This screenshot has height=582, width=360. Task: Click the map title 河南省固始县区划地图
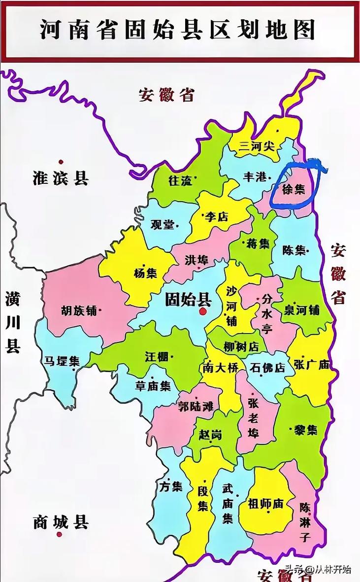click(177, 30)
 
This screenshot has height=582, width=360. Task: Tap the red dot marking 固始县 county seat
click(202, 311)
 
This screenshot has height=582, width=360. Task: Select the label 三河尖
click(256, 146)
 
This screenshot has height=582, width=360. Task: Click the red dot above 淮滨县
click(61, 162)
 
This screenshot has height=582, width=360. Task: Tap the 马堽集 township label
click(62, 361)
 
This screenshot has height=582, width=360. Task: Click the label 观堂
click(163, 225)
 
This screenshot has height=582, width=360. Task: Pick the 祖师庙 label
click(266, 503)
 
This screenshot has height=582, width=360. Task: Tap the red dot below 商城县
click(60, 535)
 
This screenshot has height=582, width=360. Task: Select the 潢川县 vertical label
click(13, 323)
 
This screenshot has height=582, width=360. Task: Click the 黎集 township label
click(305, 430)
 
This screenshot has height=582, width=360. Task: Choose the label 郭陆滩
click(196, 407)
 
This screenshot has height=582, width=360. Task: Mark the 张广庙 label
click(311, 365)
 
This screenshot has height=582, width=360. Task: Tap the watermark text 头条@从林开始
click(323, 570)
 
